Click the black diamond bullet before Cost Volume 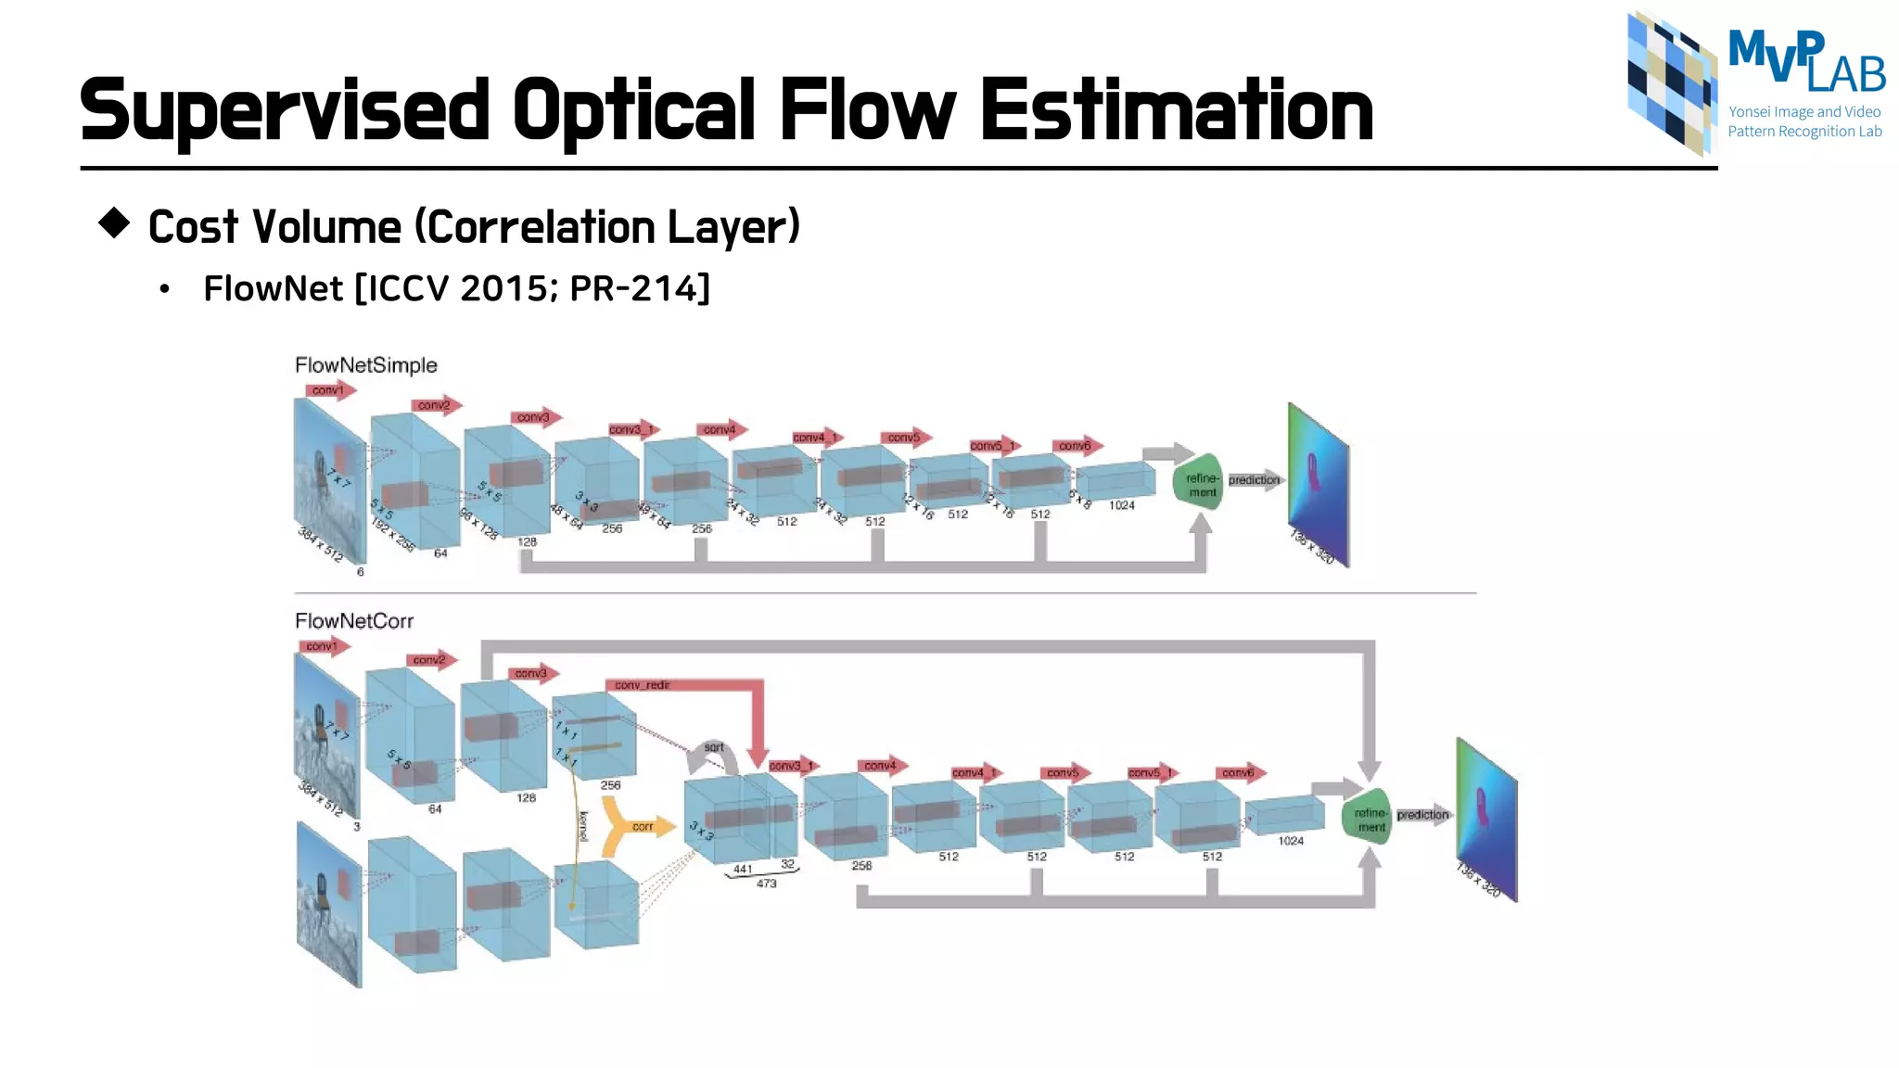click(114, 223)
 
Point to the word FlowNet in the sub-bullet click(274, 288)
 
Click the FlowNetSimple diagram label click(365, 365)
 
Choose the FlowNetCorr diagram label click(353, 621)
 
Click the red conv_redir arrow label click(642, 685)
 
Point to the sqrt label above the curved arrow click(713, 746)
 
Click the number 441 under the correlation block click(743, 869)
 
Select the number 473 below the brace click(766, 884)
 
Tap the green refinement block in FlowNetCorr click(1368, 818)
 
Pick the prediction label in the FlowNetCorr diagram click(1422, 815)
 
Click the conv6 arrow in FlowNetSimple click(1077, 446)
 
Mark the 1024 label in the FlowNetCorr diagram click(1291, 841)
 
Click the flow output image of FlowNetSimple click(1318, 484)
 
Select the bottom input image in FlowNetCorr click(329, 904)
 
